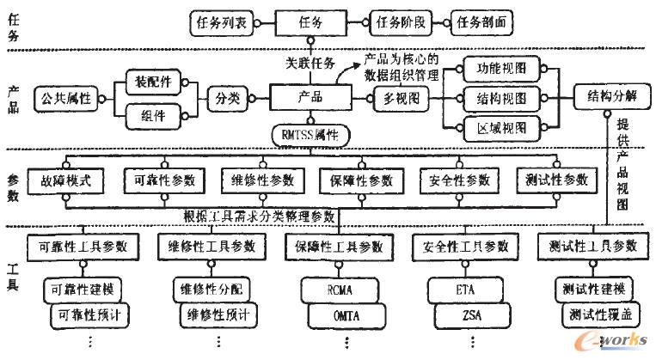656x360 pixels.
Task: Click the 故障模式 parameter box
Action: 65,180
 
